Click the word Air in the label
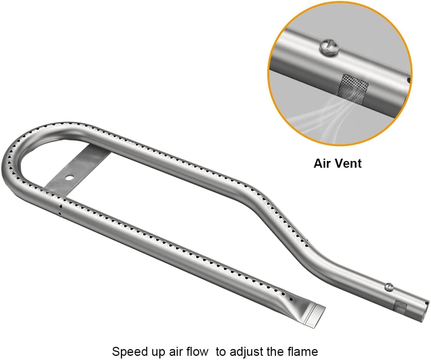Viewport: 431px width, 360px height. [322, 164]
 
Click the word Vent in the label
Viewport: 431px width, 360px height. [348, 164]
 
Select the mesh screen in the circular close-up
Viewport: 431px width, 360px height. [354, 88]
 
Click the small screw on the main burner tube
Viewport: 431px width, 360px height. [389, 286]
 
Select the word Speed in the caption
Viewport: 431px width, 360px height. [128, 352]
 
